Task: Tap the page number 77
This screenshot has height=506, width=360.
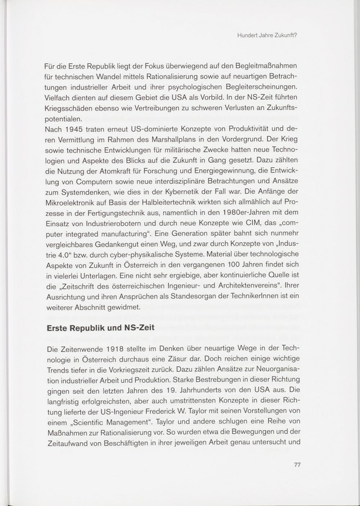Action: [x=297, y=465]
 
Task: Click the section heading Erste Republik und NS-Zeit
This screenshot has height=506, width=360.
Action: [x=101, y=328]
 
